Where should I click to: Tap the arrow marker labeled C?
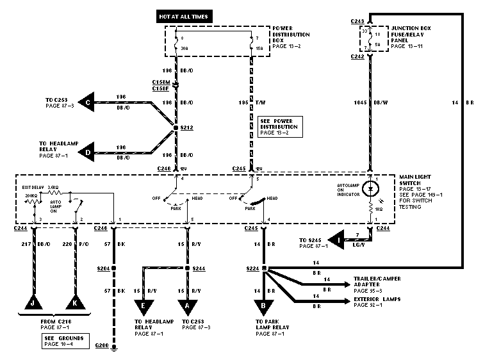point(87,101)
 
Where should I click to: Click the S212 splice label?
point(187,127)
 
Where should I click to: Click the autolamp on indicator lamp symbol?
point(370,190)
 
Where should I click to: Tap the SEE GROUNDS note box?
point(63,341)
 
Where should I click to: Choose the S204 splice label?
point(103,269)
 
